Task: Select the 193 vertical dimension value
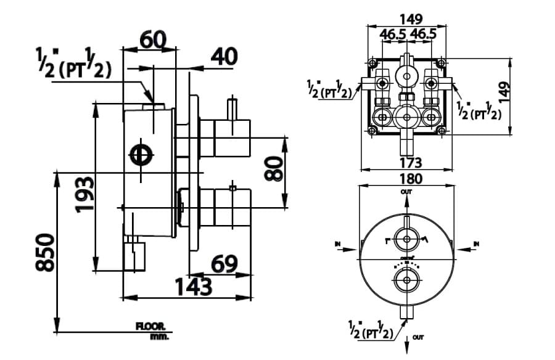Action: pos(84,194)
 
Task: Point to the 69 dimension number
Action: pos(224,264)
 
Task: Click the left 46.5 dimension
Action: pos(393,35)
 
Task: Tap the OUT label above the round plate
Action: pos(406,192)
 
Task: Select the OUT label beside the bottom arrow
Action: pos(419,337)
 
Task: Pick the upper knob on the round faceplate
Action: pos(406,240)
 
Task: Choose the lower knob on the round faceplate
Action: pos(406,282)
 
